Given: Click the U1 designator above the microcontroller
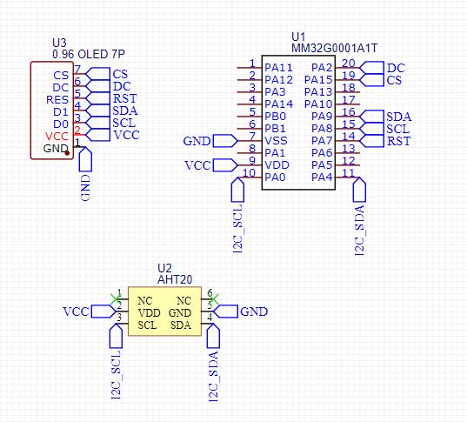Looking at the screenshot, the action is click(x=298, y=37).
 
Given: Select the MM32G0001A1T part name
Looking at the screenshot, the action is click(x=334, y=48).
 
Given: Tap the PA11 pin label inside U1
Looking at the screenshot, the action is click(x=279, y=68).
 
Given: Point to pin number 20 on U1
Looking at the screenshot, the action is click(x=349, y=64).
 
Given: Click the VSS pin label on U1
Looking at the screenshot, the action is click(x=276, y=141).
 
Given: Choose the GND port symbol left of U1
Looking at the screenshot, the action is click(x=225, y=141).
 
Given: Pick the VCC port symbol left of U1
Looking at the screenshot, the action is click(x=225, y=165).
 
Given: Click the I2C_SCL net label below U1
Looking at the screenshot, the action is click(x=238, y=229).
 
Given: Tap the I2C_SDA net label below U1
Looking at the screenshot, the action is click(x=360, y=230).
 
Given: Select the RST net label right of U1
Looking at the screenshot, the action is click(x=399, y=141).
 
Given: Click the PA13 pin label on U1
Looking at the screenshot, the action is click(x=318, y=92).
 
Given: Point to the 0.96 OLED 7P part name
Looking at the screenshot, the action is click(x=89, y=54).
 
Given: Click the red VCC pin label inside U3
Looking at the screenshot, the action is click(x=57, y=137).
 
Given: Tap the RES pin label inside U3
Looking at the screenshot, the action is click(x=57, y=100).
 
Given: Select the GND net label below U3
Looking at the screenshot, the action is click(x=85, y=188).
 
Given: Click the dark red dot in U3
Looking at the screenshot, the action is click(x=67, y=153).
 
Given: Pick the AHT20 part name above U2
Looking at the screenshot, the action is click(x=175, y=279).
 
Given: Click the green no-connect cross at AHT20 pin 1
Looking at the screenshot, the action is click(x=116, y=299).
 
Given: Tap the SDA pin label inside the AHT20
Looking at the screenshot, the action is click(x=181, y=325).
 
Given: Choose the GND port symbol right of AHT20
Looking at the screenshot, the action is click(x=226, y=311).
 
